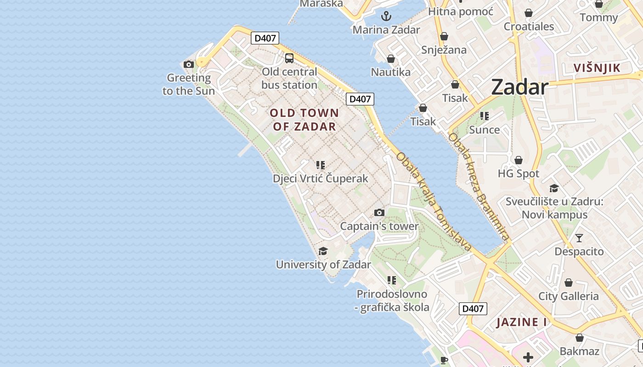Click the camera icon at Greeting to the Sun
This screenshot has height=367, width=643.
click(x=188, y=64)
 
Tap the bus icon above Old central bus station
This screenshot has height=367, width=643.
click(x=289, y=58)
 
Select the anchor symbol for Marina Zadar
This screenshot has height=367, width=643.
click(x=386, y=17)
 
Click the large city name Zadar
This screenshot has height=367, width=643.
click(x=520, y=87)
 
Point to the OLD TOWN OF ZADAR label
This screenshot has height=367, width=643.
click(x=305, y=120)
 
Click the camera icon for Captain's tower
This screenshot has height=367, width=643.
click(x=379, y=212)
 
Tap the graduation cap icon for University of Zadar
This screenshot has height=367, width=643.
click(x=323, y=251)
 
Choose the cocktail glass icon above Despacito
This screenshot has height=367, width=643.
click(x=579, y=238)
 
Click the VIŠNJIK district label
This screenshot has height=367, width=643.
click(x=597, y=68)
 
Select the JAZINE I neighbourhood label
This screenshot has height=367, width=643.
click(x=522, y=322)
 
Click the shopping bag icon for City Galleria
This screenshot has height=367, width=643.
click(x=569, y=283)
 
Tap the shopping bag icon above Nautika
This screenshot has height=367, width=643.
click(x=390, y=59)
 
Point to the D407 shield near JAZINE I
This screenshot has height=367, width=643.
click(x=473, y=308)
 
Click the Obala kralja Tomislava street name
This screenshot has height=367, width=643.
click(x=434, y=202)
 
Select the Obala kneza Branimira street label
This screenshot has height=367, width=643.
click(x=479, y=186)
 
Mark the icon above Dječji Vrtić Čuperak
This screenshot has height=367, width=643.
click(x=321, y=165)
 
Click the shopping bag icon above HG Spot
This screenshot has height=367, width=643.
click(x=519, y=160)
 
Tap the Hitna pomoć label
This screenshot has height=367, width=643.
click(x=461, y=11)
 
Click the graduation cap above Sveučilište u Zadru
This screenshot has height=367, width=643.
click(x=554, y=188)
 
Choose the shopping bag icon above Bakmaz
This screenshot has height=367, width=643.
click(x=580, y=338)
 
